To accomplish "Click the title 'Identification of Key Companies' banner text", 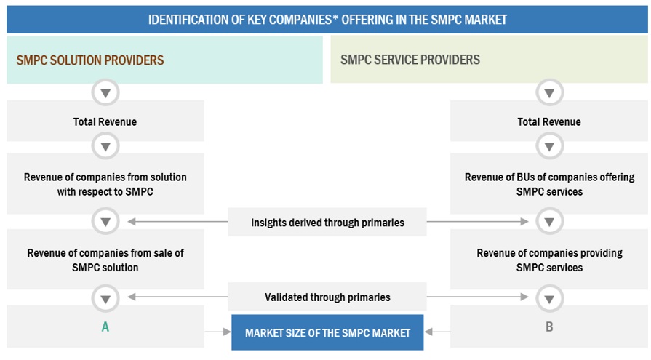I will click(327, 19).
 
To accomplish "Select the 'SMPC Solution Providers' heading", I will click(90, 60).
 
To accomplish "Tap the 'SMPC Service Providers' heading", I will click(410, 60).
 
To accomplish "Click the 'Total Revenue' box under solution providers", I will click(105, 121).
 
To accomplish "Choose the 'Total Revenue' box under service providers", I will click(549, 121).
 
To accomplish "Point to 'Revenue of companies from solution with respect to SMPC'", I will click(105, 185).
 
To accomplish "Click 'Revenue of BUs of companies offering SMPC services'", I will click(549, 185).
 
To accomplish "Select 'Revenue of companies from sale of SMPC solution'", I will click(105, 260).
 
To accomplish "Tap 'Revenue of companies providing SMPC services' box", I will click(549, 260).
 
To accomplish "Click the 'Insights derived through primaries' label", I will click(327, 223).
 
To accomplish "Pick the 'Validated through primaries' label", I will click(327, 297).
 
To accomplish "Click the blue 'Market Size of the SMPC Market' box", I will click(327, 333).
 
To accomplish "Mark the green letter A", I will click(105, 327).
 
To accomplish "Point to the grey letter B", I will click(549, 327).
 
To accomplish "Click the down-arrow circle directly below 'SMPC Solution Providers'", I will click(105, 93).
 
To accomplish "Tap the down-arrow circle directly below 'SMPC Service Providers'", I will click(549, 93).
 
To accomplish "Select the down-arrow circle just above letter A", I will click(105, 297).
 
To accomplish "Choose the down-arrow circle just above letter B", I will click(549, 297).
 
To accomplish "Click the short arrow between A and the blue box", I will click(217, 332).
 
